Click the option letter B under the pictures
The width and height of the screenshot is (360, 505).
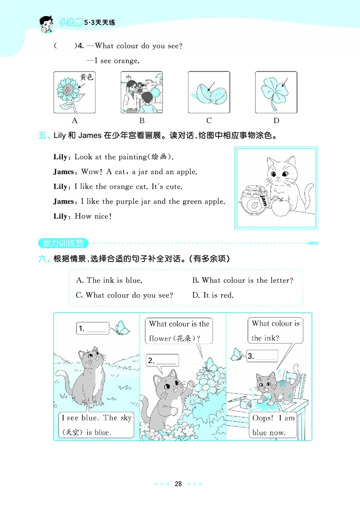(x=142, y=121)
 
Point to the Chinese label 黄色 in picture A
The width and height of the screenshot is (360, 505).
(x=86, y=77)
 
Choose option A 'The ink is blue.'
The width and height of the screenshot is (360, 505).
(x=109, y=281)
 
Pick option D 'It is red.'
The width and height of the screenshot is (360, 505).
(x=213, y=295)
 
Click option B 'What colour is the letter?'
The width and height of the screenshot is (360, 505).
(x=243, y=281)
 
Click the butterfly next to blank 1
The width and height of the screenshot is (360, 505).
(x=120, y=327)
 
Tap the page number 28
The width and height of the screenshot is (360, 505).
(x=178, y=484)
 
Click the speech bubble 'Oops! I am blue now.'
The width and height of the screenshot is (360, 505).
(x=273, y=425)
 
